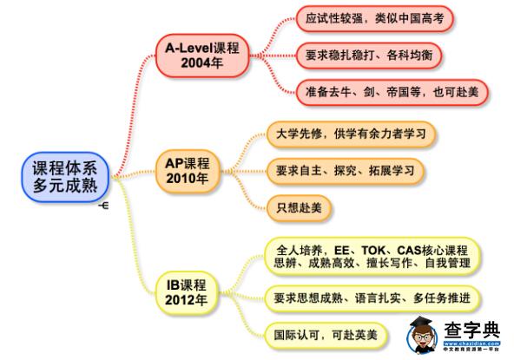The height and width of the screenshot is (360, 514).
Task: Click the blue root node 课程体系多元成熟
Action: [x=65, y=177]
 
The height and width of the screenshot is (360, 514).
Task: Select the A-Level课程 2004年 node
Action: [x=202, y=56]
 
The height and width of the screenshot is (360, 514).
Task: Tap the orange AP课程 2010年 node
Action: [x=188, y=171]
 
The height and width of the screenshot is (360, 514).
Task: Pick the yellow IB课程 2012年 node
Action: [x=186, y=292]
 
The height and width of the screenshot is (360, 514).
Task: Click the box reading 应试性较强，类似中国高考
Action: [x=375, y=18]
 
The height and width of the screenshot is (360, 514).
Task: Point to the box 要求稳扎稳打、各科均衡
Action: [x=369, y=55]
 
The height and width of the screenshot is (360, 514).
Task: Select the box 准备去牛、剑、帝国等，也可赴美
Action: [x=392, y=92]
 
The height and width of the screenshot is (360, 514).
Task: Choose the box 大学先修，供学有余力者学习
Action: [x=351, y=134]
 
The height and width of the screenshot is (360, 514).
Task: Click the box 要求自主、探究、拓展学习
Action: [x=346, y=171]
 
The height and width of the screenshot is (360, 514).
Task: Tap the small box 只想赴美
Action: [x=299, y=207]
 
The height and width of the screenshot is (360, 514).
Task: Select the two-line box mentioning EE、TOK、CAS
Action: [x=372, y=257]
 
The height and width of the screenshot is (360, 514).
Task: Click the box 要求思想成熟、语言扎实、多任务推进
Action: [x=372, y=298]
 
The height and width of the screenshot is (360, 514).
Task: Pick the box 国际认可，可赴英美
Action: [x=326, y=335]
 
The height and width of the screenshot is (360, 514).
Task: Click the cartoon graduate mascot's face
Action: [x=422, y=336]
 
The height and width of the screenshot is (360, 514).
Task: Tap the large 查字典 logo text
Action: [x=472, y=331]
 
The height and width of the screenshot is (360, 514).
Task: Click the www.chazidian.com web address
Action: [x=472, y=344]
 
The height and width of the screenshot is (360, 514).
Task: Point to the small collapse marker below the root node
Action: [x=103, y=206]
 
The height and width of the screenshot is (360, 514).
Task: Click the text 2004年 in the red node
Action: [x=202, y=63]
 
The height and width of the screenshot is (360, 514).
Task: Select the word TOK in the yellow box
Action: [x=373, y=251]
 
